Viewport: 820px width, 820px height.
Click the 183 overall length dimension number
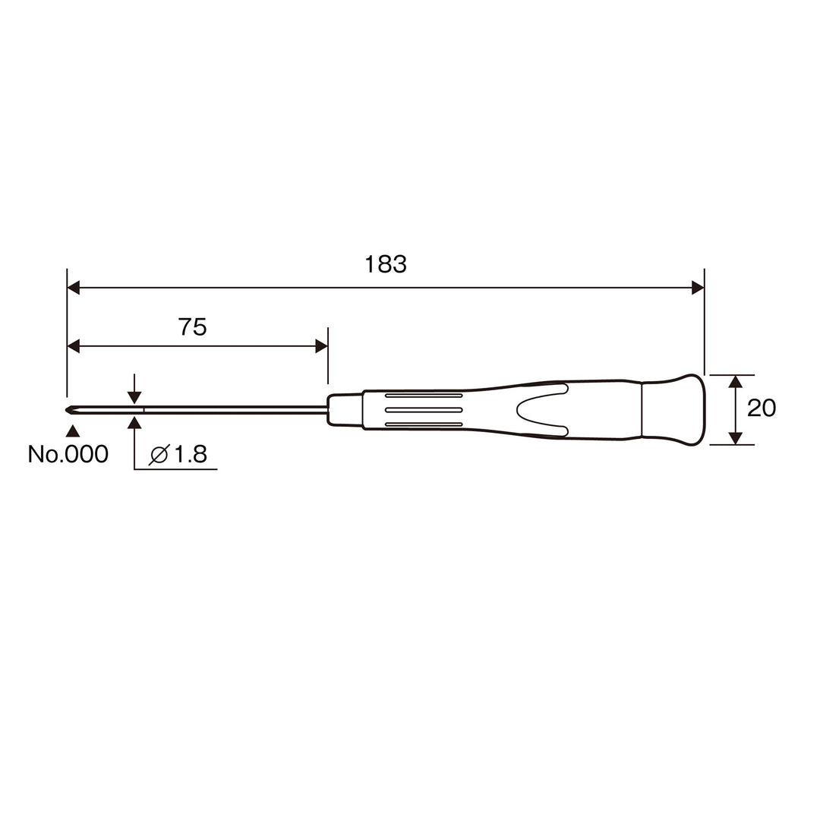pos(386,265)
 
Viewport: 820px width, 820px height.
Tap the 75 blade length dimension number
pos(192,327)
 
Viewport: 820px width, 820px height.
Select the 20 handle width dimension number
pos(762,408)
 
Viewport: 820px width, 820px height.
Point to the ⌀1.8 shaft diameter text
pos(178,455)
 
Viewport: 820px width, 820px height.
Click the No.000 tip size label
pos(68,454)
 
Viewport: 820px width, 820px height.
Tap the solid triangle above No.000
pos(73,431)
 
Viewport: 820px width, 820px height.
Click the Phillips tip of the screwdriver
pos(70,410)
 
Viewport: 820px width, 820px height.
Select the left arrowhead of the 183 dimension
pos(74,288)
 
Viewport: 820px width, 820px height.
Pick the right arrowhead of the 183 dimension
pos(698,288)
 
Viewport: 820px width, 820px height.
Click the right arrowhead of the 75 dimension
pos(322,346)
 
